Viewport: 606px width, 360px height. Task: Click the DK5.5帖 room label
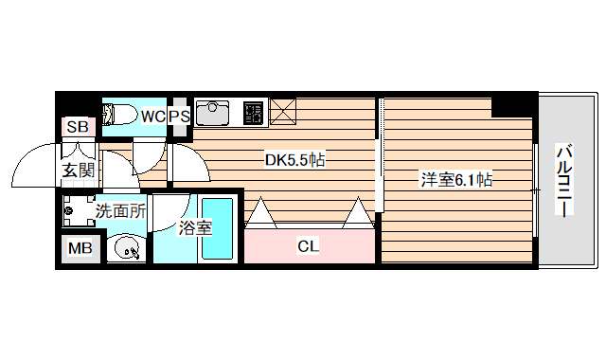pyautogui.click(x=294, y=160)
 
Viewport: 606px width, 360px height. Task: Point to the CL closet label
pyautogui.click(x=308, y=246)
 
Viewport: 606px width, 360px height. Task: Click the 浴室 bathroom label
pyautogui.click(x=195, y=227)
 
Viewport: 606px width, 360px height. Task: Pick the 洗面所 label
pyautogui.click(x=120, y=210)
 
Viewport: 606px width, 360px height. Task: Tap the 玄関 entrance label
pyautogui.click(x=79, y=171)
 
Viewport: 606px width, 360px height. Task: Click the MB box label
pyautogui.click(x=78, y=249)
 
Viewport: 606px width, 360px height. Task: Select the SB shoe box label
pyautogui.click(x=78, y=126)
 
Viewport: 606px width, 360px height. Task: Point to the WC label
pyautogui.click(x=153, y=116)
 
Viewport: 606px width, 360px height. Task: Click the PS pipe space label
pyautogui.click(x=180, y=116)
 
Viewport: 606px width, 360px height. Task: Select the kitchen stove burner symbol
pyautogui.click(x=253, y=112)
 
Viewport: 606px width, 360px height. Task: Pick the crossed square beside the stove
pyautogui.click(x=282, y=111)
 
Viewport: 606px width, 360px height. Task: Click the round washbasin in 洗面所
pyautogui.click(x=126, y=249)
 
